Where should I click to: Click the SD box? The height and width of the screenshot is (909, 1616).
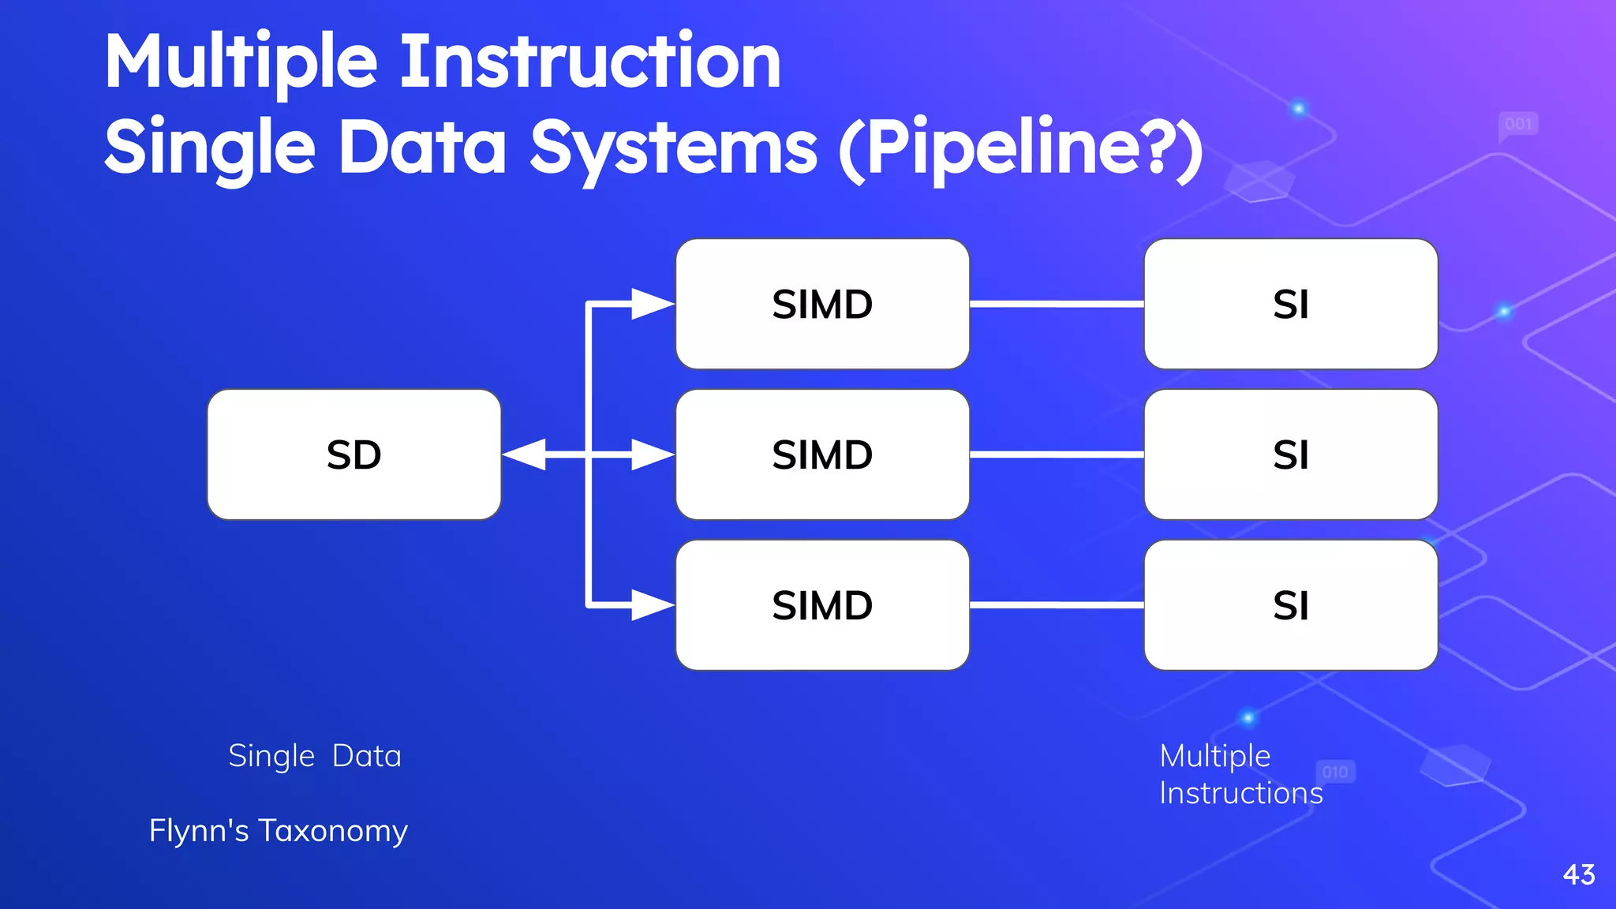click(x=353, y=454)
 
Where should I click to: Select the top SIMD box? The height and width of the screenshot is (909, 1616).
click(x=822, y=304)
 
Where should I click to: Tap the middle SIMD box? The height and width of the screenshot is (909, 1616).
click(x=822, y=454)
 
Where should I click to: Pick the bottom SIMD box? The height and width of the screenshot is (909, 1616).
click(x=822, y=605)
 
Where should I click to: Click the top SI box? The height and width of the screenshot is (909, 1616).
click(x=1290, y=304)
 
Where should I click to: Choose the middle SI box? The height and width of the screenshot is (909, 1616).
click(x=1290, y=454)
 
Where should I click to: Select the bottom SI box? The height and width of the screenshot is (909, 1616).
click(x=1290, y=605)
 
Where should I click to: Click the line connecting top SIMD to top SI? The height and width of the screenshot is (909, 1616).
click(x=1057, y=304)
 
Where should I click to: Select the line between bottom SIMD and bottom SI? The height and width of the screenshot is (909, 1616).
click(x=1057, y=605)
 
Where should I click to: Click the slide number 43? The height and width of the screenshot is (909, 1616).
click(x=1578, y=874)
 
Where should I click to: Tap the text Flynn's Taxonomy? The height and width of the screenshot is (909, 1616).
click(x=278, y=831)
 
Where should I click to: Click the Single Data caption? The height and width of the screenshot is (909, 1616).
click(x=314, y=756)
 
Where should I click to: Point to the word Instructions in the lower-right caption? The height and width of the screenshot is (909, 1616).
click(x=1240, y=793)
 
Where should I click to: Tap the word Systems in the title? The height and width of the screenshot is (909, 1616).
click(x=673, y=148)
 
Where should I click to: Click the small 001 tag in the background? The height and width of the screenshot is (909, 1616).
click(x=1517, y=124)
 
